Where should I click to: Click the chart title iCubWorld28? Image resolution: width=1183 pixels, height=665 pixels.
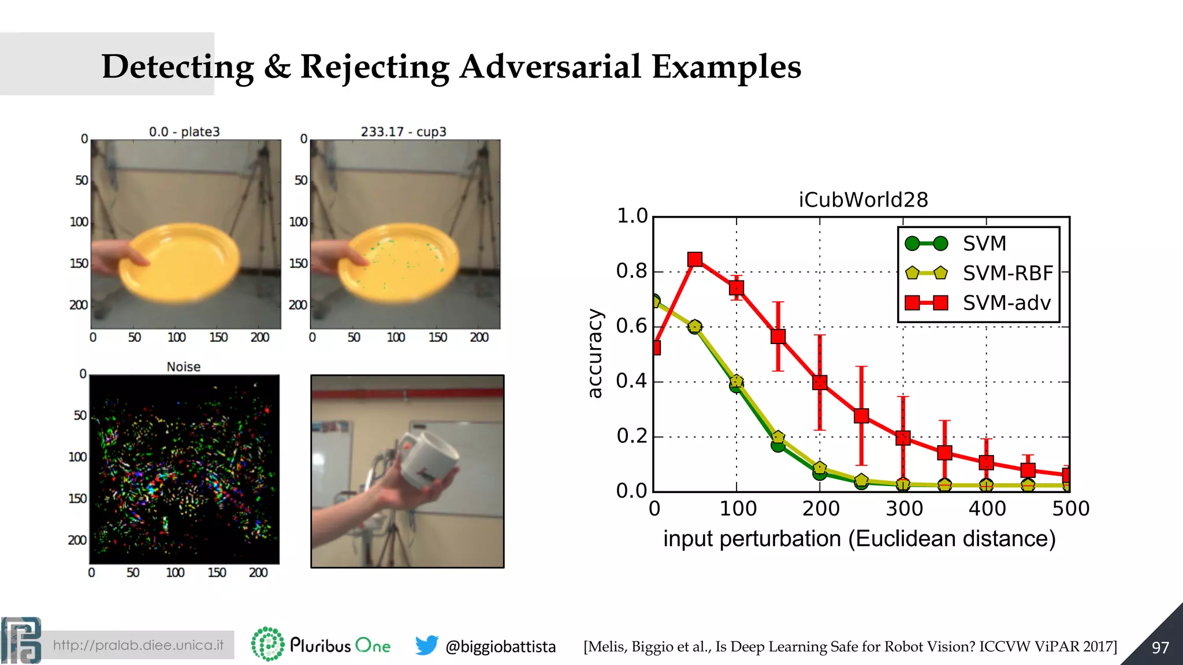tap(863, 200)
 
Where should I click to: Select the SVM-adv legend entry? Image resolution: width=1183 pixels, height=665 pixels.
tap(1006, 303)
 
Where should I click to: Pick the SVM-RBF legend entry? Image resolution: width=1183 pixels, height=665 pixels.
tap(1007, 273)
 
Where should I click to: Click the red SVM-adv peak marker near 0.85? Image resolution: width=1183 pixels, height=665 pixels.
tap(695, 260)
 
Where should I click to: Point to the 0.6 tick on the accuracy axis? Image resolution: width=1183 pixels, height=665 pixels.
tap(631, 326)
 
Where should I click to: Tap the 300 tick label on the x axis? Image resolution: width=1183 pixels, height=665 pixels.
tap(903, 509)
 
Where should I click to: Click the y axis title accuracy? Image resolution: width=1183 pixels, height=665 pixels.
tap(595, 353)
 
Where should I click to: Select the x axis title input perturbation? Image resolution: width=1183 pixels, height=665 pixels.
tap(859, 539)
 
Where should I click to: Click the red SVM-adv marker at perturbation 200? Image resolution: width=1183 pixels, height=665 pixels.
tap(820, 382)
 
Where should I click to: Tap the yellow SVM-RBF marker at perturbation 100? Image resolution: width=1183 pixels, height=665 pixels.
tap(736, 381)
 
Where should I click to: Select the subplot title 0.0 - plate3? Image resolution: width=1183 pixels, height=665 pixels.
tap(184, 132)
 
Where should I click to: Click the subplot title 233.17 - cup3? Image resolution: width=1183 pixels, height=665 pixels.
tap(403, 132)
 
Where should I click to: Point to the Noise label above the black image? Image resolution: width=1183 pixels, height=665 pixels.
tap(184, 367)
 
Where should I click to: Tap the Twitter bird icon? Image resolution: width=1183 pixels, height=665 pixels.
tap(426, 645)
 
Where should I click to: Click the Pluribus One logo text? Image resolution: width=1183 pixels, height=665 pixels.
tap(340, 645)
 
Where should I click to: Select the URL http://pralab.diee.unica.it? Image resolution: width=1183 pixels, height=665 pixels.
tap(138, 645)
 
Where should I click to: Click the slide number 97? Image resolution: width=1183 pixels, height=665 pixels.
tap(1160, 648)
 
